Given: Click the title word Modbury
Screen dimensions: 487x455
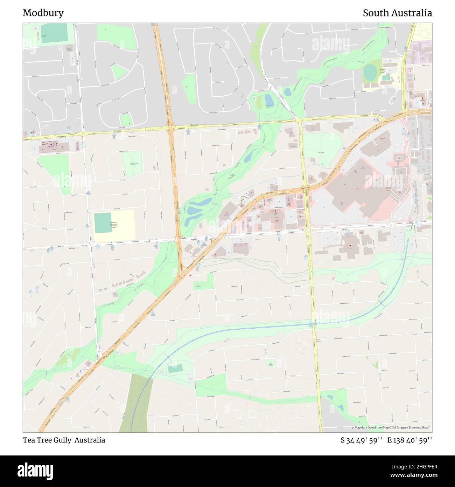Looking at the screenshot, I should [x=43, y=13].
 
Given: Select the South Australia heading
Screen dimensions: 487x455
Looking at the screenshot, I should [x=397, y=13].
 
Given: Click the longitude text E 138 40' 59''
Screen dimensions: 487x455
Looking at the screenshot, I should [x=409, y=440].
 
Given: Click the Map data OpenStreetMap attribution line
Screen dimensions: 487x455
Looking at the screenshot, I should [x=391, y=427].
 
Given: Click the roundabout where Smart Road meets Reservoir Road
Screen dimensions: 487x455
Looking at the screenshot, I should [x=308, y=230].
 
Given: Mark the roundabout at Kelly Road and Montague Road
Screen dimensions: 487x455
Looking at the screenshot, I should [x=84, y=133].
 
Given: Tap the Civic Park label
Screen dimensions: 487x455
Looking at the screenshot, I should [x=321, y=152].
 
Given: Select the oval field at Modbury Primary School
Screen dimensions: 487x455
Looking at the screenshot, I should [x=370, y=73].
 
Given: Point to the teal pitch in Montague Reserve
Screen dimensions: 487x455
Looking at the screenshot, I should [x=54, y=33].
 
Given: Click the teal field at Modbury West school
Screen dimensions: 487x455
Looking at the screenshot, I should [x=103, y=223].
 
